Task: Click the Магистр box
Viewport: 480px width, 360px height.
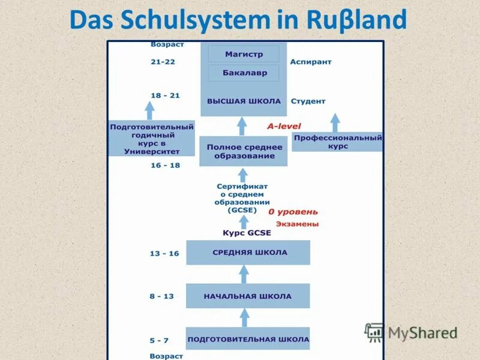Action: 244,54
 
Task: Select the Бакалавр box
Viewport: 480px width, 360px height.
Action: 244,73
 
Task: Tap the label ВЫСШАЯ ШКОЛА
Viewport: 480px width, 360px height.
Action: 244,101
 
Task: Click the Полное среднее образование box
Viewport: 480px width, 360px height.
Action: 244,151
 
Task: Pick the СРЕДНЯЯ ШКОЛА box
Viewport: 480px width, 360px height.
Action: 248,253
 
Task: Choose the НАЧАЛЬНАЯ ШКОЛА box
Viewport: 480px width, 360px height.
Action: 248,296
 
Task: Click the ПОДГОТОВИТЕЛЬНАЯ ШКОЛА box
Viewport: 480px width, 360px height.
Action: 248,340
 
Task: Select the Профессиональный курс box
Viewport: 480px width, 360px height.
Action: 338,142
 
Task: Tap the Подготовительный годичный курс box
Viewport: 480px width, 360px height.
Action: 151,139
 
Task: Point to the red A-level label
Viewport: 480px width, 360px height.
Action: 284,126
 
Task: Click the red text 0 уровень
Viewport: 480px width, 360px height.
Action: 293,212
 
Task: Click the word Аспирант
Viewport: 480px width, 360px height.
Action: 311,62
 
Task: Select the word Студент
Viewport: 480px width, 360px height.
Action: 308,101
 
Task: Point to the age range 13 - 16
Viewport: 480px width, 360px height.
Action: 164,254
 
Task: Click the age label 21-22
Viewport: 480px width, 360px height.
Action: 163,62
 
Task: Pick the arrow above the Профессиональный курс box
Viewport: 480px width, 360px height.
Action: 335,122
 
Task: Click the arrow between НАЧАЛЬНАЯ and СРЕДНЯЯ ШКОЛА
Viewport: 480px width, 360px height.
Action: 244,274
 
